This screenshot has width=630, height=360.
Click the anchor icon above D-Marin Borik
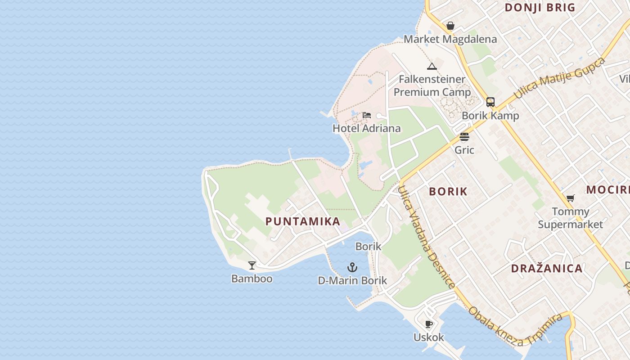pyautogui.click(x=352, y=268)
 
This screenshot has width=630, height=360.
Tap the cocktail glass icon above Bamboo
pyautogui.click(x=252, y=265)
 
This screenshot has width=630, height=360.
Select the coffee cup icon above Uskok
pyautogui.click(x=429, y=324)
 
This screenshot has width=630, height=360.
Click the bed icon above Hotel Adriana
pyautogui.click(x=367, y=115)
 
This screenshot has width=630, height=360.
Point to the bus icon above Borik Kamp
pyautogui.click(x=490, y=102)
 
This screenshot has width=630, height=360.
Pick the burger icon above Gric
pyautogui.click(x=464, y=137)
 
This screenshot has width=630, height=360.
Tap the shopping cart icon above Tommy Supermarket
pyautogui.click(x=570, y=198)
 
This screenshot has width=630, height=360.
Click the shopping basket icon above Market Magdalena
pyautogui.click(x=450, y=26)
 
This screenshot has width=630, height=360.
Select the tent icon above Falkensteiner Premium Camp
pyautogui.click(x=432, y=67)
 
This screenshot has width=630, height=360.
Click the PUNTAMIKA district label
pyautogui.click(x=302, y=221)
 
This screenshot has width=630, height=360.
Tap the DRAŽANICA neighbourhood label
pyautogui.click(x=547, y=269)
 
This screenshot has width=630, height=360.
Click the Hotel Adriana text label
pyautogui.click(x=366, y=128)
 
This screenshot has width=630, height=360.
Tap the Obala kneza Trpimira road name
pyautogui.click(x=515, y=326)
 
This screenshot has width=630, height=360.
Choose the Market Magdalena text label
pyautogui.click(x=450, y=39)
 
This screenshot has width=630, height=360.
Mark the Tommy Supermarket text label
pyautogui.click(x=570, y=218)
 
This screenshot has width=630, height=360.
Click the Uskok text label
pyautogui.click(x=429, y=337)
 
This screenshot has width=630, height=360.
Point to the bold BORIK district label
pyautogui.click(x=448, y=191)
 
